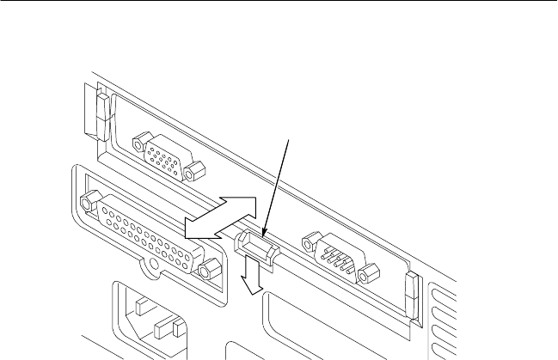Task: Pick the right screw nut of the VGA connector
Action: click(x=197, y=170)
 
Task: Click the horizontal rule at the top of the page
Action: click(x=279, y=2)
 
